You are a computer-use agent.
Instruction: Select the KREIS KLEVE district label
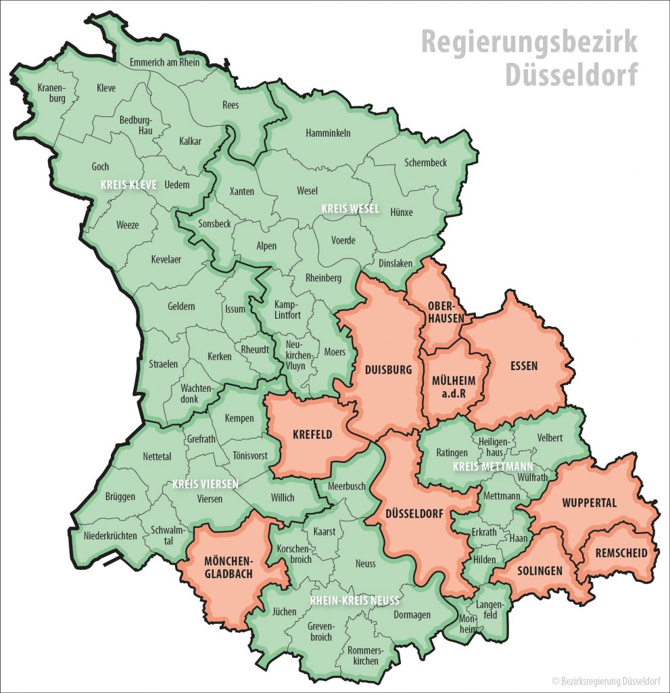128,183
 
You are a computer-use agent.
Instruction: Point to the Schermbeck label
425,162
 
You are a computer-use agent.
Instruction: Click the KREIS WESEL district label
350,208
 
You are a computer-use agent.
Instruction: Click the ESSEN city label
524,366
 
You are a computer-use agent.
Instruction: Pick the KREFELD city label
312,434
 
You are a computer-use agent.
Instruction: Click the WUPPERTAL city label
589,504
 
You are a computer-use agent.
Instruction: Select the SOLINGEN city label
540,571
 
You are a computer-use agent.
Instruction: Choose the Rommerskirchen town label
364,656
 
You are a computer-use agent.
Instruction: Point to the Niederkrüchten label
110,536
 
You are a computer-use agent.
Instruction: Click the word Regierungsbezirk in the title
529,42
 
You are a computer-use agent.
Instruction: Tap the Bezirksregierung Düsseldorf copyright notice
606,679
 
